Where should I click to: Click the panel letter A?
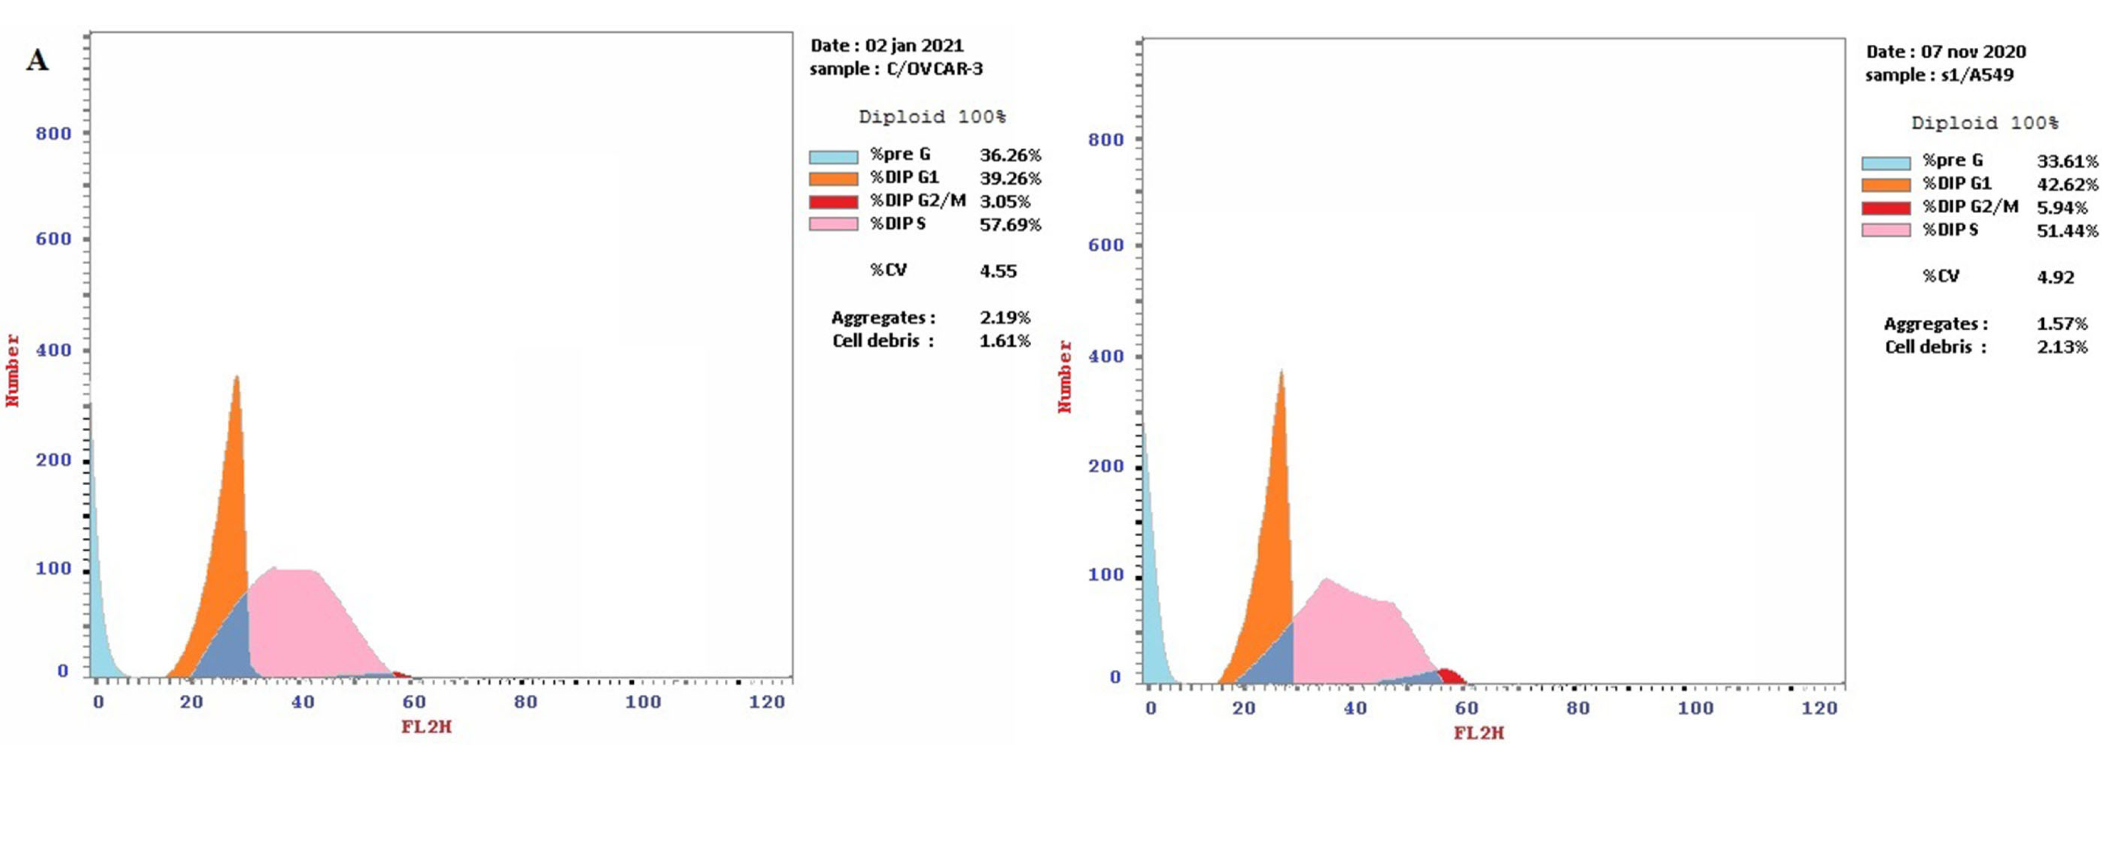point(37,60)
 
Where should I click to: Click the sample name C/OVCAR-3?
point(934,69)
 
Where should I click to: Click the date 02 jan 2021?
point(914,46)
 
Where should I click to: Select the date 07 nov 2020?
point(1972,51)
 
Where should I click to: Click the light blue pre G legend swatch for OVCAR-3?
point(833,156)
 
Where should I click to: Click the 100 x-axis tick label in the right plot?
point(1695,707)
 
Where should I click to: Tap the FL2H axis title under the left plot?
point(426,726)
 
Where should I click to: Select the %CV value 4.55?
point(998,271)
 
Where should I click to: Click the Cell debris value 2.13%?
point(2062,347)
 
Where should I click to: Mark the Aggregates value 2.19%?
point(1004,317)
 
